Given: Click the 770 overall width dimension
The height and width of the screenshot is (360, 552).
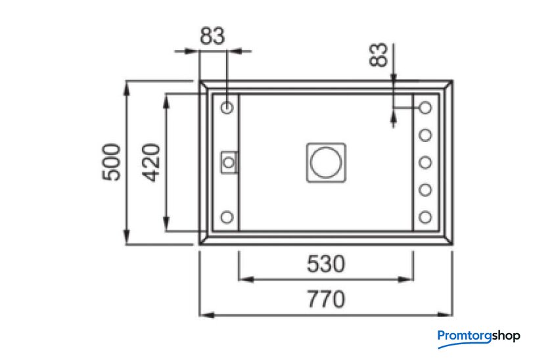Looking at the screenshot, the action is [x=326, y=299].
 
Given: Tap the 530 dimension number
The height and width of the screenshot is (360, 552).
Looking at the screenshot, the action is [x=326, y=264].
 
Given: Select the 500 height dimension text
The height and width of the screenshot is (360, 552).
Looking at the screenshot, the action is [x=111, y=162].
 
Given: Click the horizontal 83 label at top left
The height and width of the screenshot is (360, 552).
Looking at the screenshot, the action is [x=212, y=36].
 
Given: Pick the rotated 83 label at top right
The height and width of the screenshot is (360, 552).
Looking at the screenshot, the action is [x=378, y=55].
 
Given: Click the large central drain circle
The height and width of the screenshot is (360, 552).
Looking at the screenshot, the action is [x=326, y=162].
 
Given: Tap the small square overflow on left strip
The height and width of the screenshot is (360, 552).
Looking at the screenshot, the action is [x=229, y=162].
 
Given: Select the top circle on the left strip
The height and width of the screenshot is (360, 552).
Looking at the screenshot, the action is [x=227, y=107].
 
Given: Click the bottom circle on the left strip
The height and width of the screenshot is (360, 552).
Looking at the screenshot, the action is [x=227, y=217].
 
